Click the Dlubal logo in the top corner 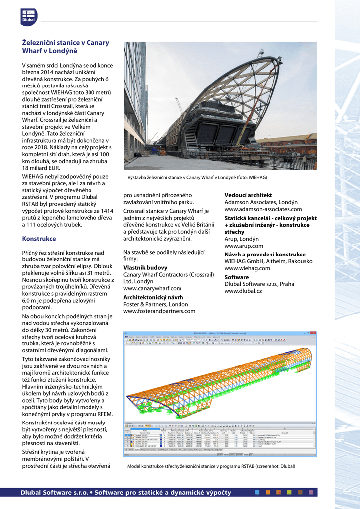29,17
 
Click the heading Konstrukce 39,239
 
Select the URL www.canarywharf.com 152,288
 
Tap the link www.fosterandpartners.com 159,311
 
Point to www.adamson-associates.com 261,210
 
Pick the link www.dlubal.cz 243,291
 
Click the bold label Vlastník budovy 145,267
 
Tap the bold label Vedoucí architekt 248,195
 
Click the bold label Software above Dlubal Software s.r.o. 237,277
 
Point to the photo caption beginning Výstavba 197,177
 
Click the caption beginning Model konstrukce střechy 211,466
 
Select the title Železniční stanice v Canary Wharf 65,47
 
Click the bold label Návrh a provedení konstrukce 265,254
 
